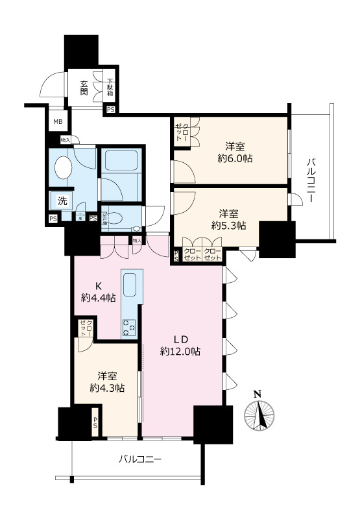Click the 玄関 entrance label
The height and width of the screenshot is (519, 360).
[84, 87]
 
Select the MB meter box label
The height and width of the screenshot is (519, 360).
[58, 122]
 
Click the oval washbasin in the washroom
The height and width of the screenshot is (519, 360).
[63, 167]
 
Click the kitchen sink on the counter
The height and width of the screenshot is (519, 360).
[129, 284]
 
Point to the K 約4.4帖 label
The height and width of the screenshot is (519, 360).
[98, 292]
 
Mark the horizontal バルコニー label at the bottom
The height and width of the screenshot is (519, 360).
[139, 459]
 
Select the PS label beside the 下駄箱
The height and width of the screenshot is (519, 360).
[110, 110]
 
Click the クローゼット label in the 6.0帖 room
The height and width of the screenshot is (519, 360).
[182, 134]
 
